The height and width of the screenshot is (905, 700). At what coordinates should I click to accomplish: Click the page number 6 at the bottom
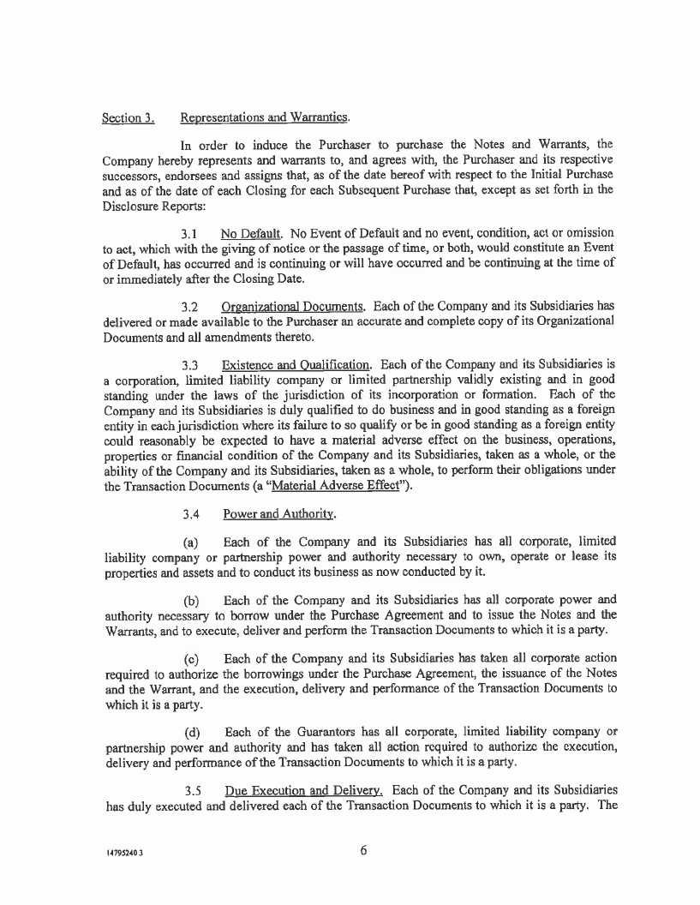[x=363, y=851]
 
